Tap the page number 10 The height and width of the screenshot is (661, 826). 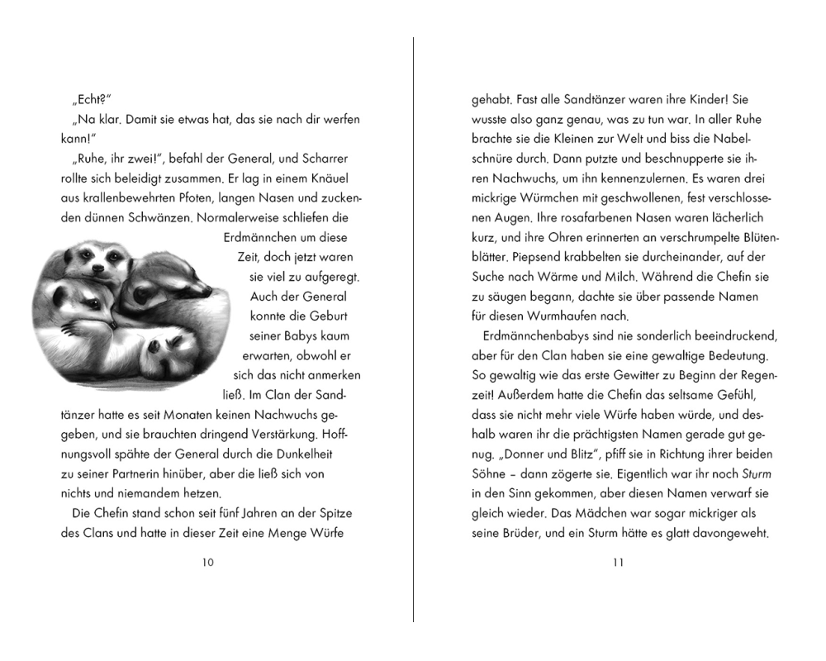[207, 563]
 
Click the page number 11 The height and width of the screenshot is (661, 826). [619, 563]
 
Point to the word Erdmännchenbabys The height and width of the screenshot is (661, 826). [537, 336]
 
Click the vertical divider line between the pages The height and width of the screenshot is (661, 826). [413, 330]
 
